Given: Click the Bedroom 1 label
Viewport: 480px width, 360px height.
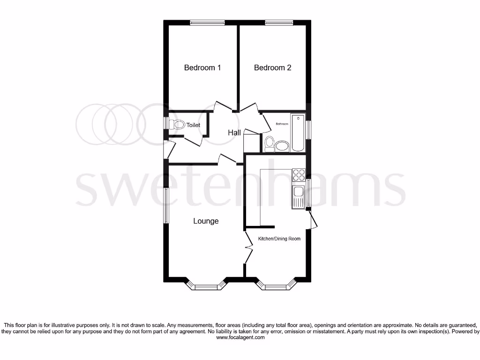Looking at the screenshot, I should pos(202,67).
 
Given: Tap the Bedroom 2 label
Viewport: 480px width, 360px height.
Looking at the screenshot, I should pos(272,67).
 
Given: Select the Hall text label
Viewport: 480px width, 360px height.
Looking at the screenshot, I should pos(234,133).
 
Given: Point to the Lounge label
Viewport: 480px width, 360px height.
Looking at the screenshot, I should pos(206,221).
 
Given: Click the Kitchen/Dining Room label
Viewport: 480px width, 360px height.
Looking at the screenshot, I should pos(279,239).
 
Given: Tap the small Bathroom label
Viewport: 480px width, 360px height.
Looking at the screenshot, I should pos(282,124).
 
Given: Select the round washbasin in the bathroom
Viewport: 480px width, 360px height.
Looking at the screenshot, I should pos(282,147).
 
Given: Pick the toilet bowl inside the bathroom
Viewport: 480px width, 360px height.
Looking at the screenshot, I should pos(269,144).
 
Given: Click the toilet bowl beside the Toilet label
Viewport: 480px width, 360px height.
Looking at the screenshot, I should pos(177,125).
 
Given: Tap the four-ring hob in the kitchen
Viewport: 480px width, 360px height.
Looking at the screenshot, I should pos(299,175).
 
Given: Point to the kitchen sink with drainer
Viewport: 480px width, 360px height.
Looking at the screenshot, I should pos(299,196).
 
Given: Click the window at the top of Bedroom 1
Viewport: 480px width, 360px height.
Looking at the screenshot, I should pos(207,22).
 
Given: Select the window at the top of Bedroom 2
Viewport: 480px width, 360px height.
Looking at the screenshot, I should pos(279,22).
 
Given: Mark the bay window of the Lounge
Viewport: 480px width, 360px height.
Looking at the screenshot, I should pos(206,285).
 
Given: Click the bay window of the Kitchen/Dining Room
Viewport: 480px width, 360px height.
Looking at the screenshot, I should pos(279,285).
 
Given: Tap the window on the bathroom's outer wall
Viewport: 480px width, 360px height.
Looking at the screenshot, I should pos(308,130).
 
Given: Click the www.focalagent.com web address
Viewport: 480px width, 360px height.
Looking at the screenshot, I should pos(240,337).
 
